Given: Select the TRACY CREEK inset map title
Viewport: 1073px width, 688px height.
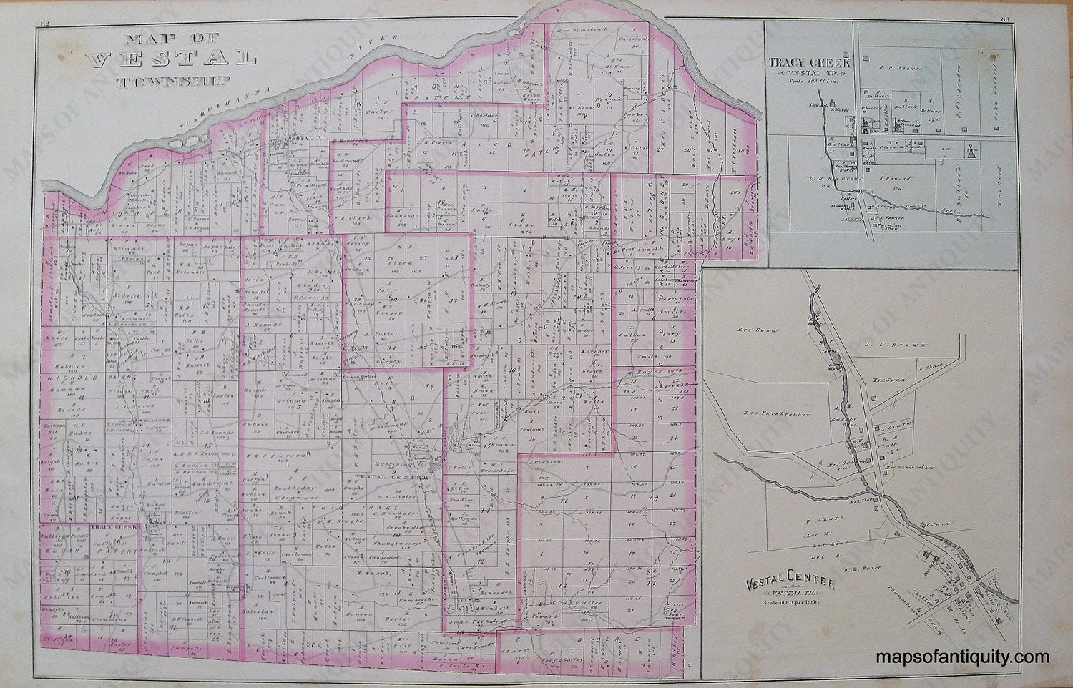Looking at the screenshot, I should point(809,63).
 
